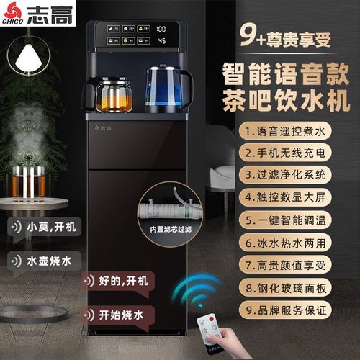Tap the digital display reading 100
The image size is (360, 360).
[161, 30]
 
